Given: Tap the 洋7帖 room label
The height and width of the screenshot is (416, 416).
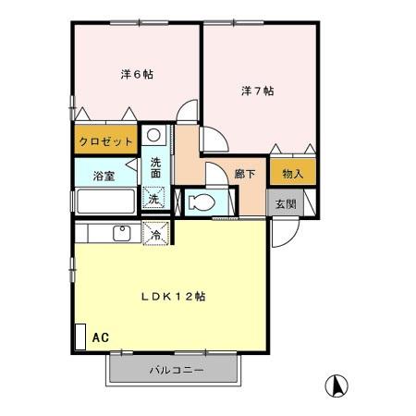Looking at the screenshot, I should (x=258, y=91).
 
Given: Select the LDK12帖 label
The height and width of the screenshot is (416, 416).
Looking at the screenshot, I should (x=173, y=297).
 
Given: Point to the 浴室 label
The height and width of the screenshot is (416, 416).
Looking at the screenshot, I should (x=103, y=176).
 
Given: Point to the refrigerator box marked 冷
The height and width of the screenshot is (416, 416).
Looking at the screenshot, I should (x=156, y=235).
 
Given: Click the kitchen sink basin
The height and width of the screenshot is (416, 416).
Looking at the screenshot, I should (x=121, y=233).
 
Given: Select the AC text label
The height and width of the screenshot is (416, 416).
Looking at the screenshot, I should (x=100, y=337).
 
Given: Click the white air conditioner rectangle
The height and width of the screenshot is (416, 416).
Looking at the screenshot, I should (x=80, y=336).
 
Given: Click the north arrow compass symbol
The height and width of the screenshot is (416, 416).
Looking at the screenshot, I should (x=338, y=384).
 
